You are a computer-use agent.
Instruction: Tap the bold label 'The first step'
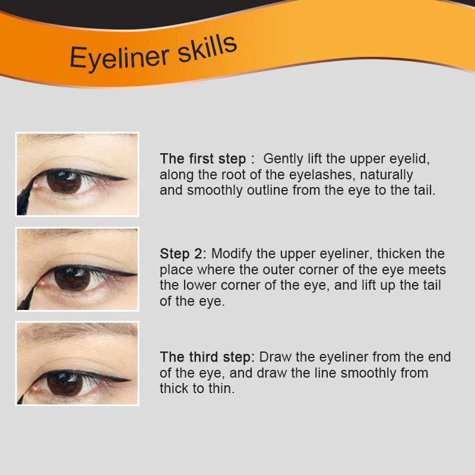click(202, 159)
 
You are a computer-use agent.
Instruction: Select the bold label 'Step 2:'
click(183, 254)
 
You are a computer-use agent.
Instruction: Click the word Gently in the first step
click(284, 159)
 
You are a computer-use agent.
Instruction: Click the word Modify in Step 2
click(232, 254)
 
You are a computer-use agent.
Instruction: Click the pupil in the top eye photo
click(64, 180)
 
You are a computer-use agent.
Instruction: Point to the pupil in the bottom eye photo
click(64, 383)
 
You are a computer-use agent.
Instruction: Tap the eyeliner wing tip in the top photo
click(126, 178)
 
